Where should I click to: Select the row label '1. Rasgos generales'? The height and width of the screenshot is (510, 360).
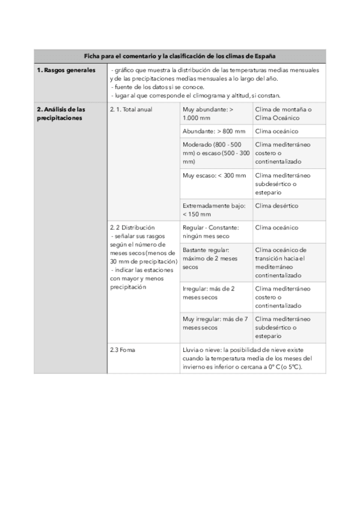[66, 70]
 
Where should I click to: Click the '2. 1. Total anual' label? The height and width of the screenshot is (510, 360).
[131, 110]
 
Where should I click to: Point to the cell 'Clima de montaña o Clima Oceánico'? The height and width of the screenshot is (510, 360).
[282, 114]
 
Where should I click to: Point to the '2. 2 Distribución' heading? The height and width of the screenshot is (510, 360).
[132, 228]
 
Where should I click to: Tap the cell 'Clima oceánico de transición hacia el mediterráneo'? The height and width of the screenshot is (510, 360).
[282, 262]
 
